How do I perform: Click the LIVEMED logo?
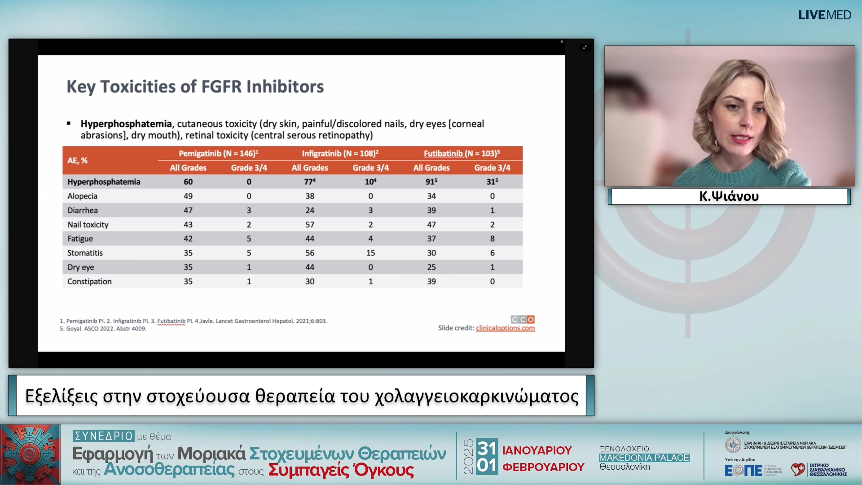pos(824,15)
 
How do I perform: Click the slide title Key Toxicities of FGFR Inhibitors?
pos(195,87)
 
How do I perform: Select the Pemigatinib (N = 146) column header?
pos(218,154)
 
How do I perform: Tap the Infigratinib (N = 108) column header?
pos(340,154)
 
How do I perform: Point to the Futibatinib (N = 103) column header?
pos(462,154)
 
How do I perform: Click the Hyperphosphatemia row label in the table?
pos(104,182)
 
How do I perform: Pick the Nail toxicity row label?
pos(88,225)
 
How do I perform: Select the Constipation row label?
pos(89,282)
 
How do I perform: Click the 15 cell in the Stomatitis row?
pos(370,253)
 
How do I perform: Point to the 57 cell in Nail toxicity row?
pos(310,225)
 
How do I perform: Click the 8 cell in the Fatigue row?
pos(492,239)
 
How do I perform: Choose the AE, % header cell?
pos(78,161)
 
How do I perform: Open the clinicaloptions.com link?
pos(505,328)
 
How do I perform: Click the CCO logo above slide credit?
pos(523,319)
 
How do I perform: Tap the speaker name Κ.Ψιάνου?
pos(729,196)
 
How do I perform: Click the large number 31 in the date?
pos(487,448)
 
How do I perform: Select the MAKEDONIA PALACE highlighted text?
pos(644,458)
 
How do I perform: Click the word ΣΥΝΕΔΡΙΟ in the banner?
pos(104,436)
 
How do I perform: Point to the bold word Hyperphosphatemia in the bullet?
pos(126,124)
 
